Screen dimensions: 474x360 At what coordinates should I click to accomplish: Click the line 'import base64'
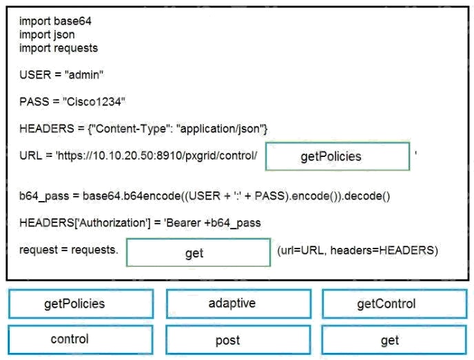(x=55, y=21)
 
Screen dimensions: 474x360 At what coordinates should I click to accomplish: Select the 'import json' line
(x=47, y=34)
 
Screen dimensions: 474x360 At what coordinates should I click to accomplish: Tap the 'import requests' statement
(x=59, y=48)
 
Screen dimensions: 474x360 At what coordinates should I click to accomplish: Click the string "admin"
(x=84, y=74)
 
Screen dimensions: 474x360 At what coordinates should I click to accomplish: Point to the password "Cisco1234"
(x=94, y=102)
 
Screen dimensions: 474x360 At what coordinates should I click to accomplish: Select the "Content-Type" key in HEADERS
(x=129, y=129)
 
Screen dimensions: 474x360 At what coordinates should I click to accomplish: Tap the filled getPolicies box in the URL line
(x=338, y=156)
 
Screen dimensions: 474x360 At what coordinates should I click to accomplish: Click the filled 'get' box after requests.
(x=198, y=253)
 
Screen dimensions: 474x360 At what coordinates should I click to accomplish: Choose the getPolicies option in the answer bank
(x=81, y=304)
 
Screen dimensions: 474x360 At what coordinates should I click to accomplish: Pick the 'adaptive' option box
(x=238, y=304)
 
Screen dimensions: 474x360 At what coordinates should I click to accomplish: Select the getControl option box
(x=395, y=304)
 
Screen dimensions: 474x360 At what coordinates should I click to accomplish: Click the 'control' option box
(x=81, y=339)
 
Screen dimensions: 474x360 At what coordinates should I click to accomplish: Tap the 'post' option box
(x=238, y=340)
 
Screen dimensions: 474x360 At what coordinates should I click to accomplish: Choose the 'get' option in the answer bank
(x=394, y=340)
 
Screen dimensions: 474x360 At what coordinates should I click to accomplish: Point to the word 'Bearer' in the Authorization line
(x=183, y=223)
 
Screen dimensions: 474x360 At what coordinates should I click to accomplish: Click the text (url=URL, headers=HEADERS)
(x=358, y=251)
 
